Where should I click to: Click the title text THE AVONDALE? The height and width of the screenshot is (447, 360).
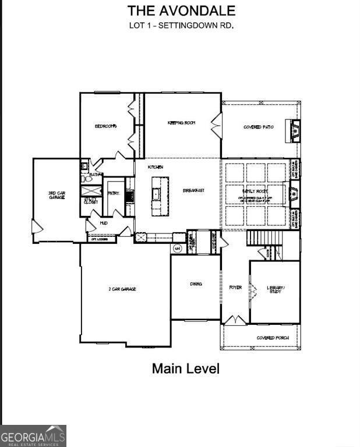181,10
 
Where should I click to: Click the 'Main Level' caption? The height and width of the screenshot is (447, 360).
185,368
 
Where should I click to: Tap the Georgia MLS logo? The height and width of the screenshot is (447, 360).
33,435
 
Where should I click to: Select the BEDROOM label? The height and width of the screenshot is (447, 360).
106,126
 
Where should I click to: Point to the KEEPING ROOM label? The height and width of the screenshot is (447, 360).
181,123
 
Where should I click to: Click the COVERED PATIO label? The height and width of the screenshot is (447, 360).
259,126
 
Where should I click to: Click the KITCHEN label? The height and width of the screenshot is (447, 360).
156,167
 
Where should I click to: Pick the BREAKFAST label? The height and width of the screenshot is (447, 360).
193,190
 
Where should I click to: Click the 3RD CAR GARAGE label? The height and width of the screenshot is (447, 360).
56,195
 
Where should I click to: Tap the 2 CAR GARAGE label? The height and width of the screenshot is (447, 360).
122,289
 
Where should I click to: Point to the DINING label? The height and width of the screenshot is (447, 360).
196,284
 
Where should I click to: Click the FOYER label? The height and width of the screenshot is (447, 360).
235,287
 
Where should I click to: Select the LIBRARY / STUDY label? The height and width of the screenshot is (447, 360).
274,289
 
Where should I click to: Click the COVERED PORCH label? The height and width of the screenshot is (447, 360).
269,338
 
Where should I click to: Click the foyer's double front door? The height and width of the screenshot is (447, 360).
235,320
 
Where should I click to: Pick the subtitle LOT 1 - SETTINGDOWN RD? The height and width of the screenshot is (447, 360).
181,25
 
